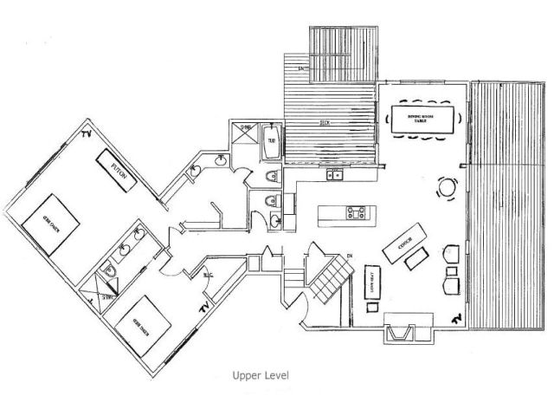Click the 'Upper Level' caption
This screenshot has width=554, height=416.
(260, 376)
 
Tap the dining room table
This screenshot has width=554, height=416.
(425, 120)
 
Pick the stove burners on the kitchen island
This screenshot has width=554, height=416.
(355, 211)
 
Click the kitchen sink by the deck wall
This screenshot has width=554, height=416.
(334, 176)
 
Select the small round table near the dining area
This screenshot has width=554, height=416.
(448, 186)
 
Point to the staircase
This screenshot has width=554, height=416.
(332, 278)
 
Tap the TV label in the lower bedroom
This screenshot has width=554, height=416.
(205, 309)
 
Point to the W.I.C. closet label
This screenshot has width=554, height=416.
(208, 276)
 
